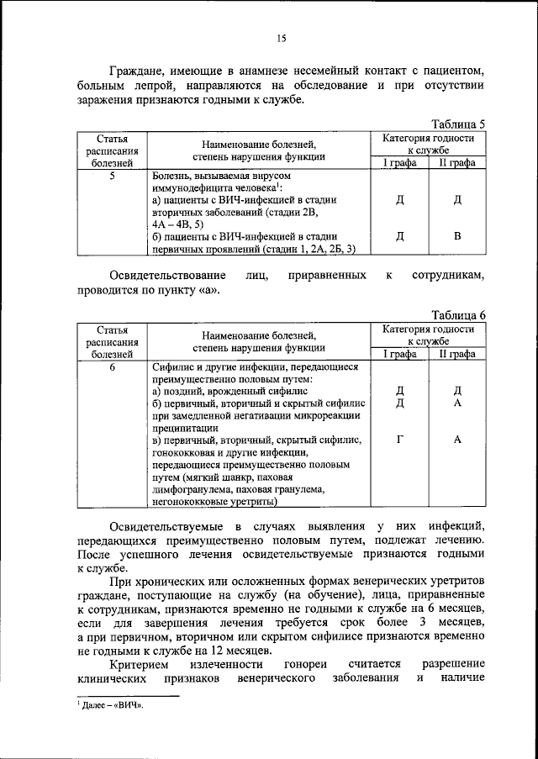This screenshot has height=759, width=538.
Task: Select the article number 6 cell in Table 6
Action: tap(112, 367)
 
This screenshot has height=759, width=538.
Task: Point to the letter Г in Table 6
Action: tap(400, 439)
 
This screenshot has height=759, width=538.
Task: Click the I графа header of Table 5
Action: tap(400, 163)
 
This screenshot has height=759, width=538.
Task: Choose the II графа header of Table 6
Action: tap(457, 355)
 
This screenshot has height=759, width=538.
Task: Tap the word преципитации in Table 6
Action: tap(186, 427)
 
